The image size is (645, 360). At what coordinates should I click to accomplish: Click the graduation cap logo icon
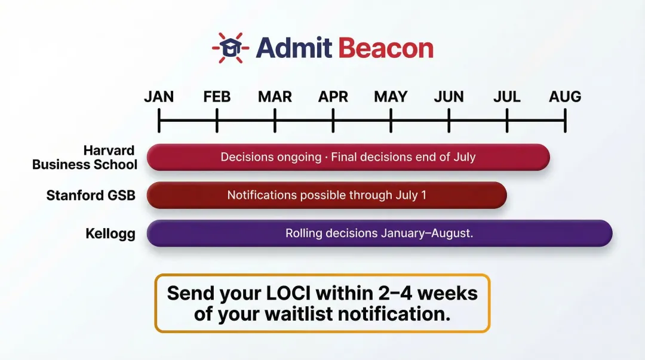pyautogui.click(x=230, y=48)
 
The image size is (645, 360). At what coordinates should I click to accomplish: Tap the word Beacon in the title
pyautogui.click(x=386, y=48)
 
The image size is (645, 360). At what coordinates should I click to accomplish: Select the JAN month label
pyautogui.click(x=159, y=97)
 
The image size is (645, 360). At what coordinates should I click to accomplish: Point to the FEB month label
pyautogui.click(x=217, y=97)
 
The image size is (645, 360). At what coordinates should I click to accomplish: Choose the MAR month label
pyautogui.click(x=275, y=97)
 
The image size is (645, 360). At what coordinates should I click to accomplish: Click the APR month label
pyautogui.click(x=333, y=97)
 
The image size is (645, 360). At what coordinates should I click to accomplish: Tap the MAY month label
pyautogui.click(x=391, y=97)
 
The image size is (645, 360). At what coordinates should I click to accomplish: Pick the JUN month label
pyautogui.click(x=449, y=97)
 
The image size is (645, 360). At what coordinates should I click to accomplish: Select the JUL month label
pyautogui.click(x=506, y=97)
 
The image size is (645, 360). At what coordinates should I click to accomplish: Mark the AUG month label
pyautogui.click(x=565, y=97)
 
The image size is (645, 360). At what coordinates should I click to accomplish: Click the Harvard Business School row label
pyautogui.click(x=85, y=158)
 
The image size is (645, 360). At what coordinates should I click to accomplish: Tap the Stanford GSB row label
pyautogui.click(x=91, y=195)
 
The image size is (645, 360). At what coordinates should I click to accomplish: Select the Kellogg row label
pyautogui.click(x=110, y=233)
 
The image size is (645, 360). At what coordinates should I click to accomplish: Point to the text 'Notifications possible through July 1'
pyautogui.click(x=327, y=195)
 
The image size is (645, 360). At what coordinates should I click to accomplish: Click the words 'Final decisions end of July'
pyautogui.click(x=403, y=158)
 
